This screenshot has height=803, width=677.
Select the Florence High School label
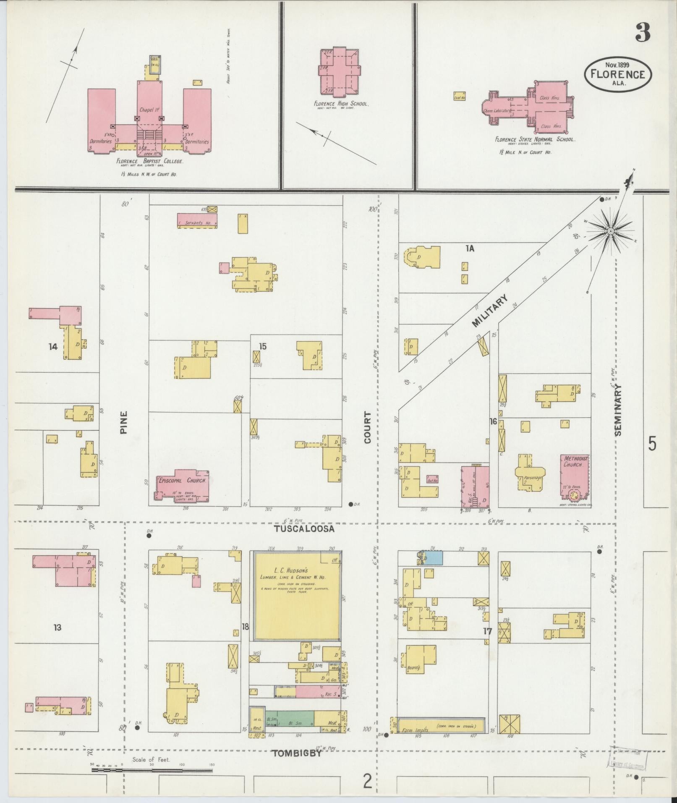pyautogui.click(x=341, y=104)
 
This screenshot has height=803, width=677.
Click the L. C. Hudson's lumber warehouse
pyautogui.click(x=297, y=596)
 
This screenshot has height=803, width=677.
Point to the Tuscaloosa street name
pyautogui.click(x=304, y=529)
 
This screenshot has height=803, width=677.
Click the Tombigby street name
pyautogui.click(x=297, y=753)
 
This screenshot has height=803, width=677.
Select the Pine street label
pyautogui.click(x=123, y=422)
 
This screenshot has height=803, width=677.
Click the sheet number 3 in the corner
pyautogui.click(x=643, y=33)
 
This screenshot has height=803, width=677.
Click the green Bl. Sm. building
pyautogui.click(x=296, y=718)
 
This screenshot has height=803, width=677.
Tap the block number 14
pyautogui.click(x=53, y=347)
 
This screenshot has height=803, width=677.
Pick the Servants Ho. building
pyautogui.click(x=197, y=220)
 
